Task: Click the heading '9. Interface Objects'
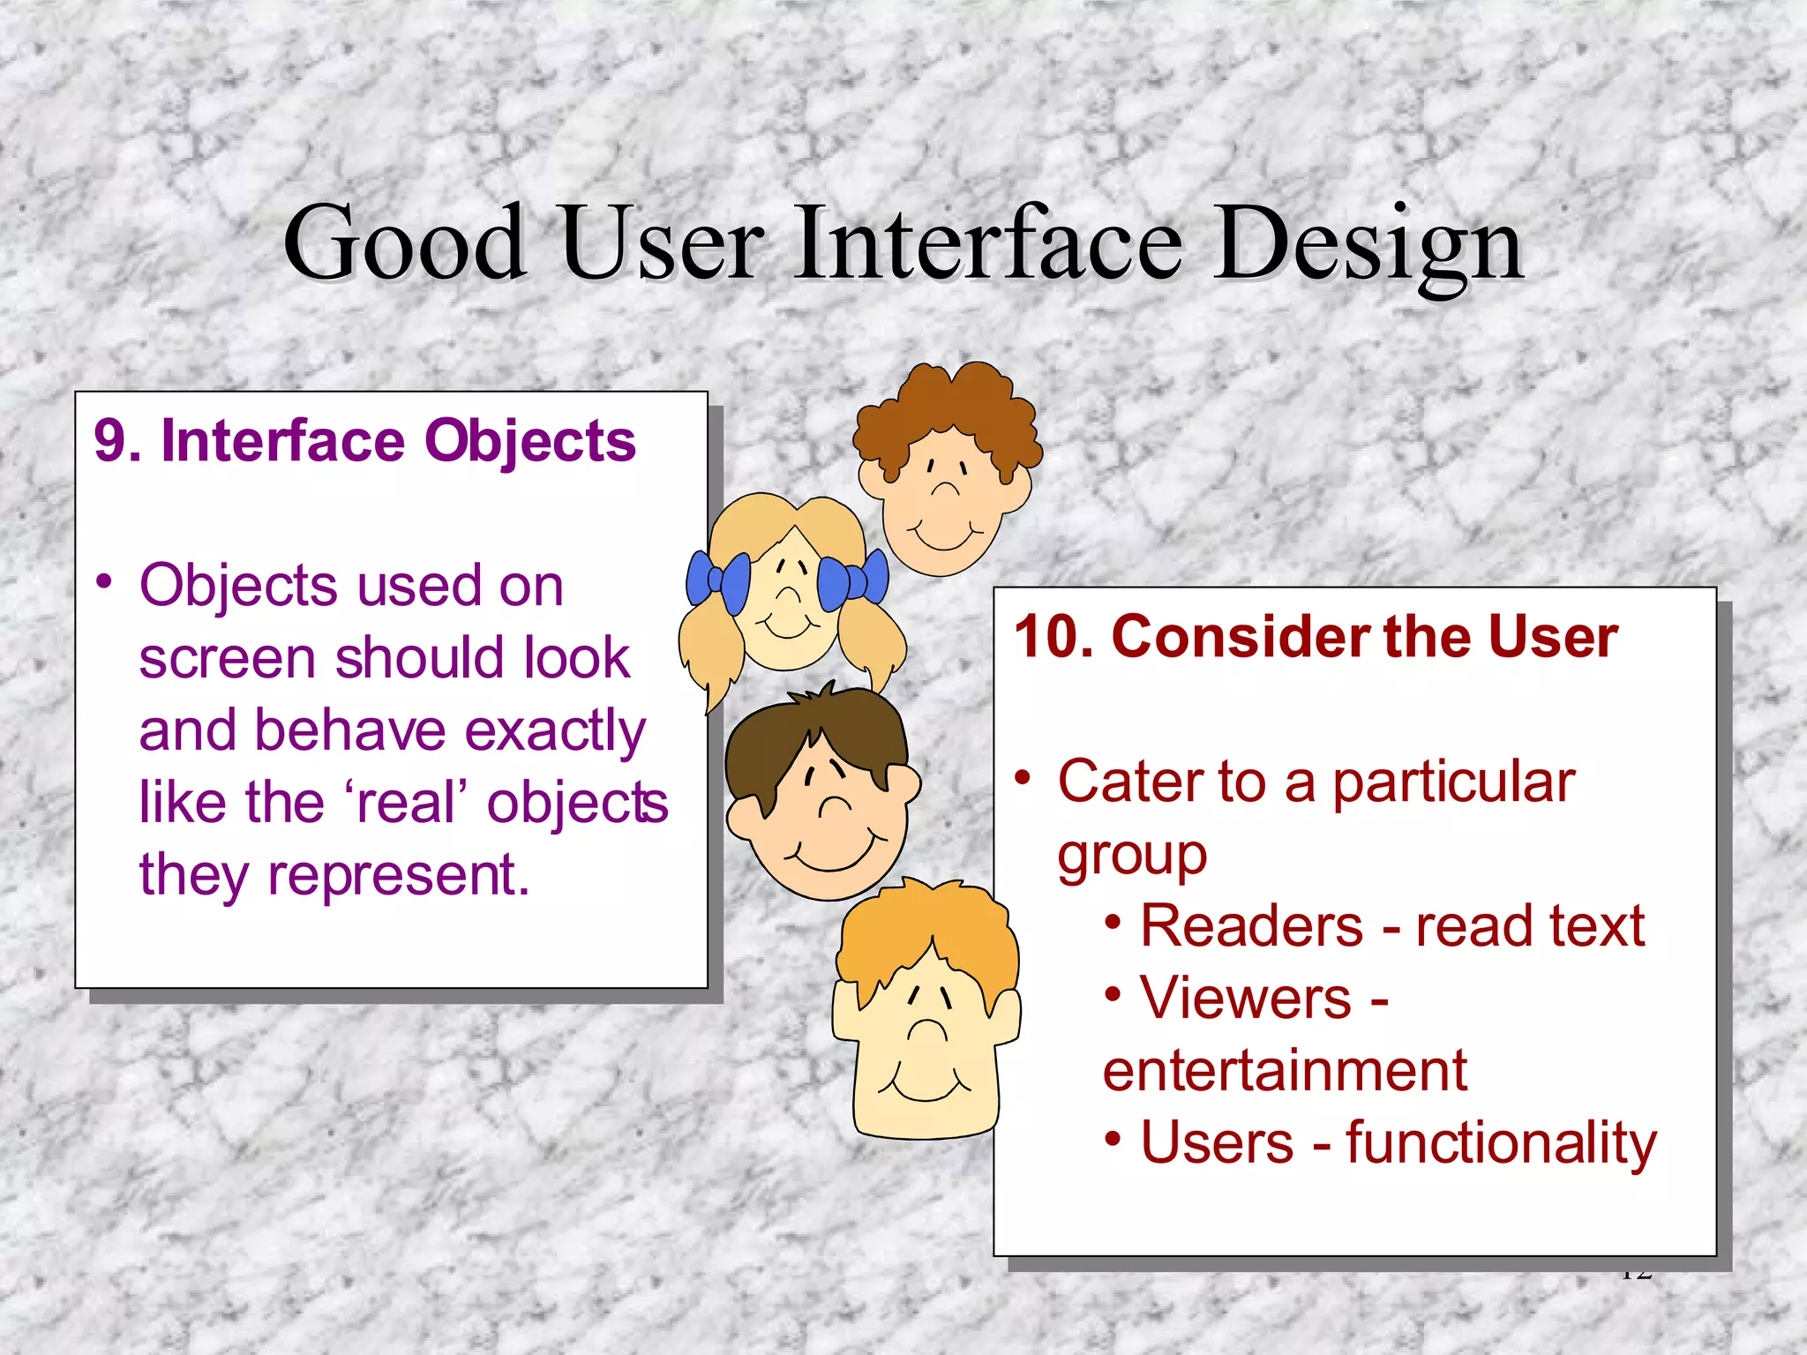click(x=364, y=440)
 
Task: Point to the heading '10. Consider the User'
click(x=1316, y=636)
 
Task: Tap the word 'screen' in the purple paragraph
click(x=227, y=658)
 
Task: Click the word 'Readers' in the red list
click(x=1252, y=926)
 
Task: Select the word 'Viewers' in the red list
click(x=1246, y=999)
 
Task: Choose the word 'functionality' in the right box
click(x=1501, y=1143)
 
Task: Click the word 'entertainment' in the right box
click(x=1285, y=1071)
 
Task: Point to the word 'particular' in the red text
click(x=1453, y=782)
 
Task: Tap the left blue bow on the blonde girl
click(x=719, y=580)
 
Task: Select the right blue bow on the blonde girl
click(x=852, y=579)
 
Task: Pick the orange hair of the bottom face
click(x=926, y=935)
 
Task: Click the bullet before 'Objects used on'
click(x=105, y=582)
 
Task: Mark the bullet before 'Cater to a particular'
click(x=1023, y=778)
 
